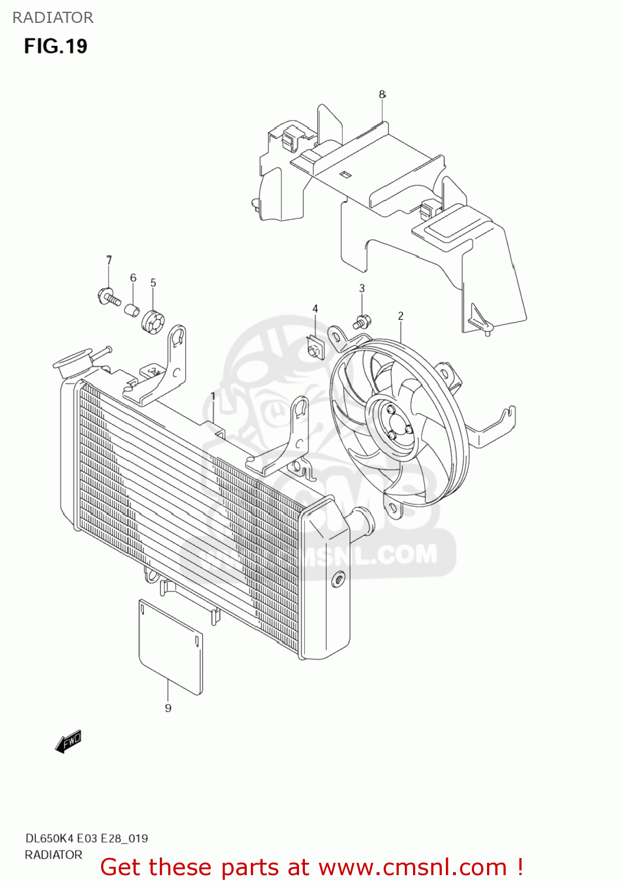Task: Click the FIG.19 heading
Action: click(55, 46)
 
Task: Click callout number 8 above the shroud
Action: click(382, 94)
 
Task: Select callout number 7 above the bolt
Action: click(109, 260)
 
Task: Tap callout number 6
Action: click(133, 278)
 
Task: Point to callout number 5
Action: click(153, 283)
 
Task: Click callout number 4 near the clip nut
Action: click(315, 309)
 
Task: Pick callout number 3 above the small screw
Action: click(362, 288)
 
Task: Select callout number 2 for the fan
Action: click(401, 316)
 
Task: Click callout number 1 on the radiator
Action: click(213, 397)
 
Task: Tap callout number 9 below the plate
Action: click(168, 708)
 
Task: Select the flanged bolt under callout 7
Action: click(108, 296)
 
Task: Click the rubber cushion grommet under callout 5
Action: click(153, 320)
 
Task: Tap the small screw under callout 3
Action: click(361, 321)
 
